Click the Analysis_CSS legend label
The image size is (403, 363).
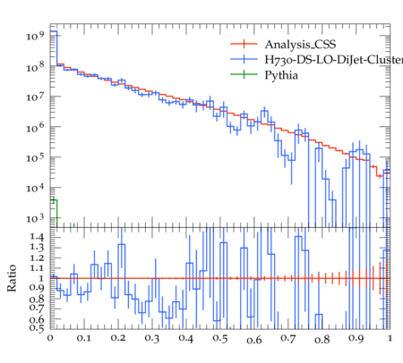click(300, 45)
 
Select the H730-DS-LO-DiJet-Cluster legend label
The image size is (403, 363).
click(334, 60)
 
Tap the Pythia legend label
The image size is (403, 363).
click(281, 75)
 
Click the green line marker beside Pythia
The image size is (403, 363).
click(244, 74)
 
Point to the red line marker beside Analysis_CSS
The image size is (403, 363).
click(244, 44)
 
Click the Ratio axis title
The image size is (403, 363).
click(12, 278)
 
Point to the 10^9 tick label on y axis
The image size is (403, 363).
click(35, 36)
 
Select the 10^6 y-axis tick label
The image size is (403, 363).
click(35, 127)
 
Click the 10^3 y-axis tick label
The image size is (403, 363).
click(35, 218)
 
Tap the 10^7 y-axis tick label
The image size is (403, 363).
click(35, 97)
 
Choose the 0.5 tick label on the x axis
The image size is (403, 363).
click(220, 339)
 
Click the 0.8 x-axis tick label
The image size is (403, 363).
click(322, 339)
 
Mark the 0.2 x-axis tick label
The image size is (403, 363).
click(118, 338)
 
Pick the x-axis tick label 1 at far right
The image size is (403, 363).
click(390, 338)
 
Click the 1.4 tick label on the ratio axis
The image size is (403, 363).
click(37, 237)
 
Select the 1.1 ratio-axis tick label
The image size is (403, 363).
click(37, 268)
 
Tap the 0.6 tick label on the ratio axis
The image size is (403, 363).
click(37, 319)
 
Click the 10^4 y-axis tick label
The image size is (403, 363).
click(35, 188)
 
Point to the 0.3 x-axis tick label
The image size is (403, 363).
click(152, 338)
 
